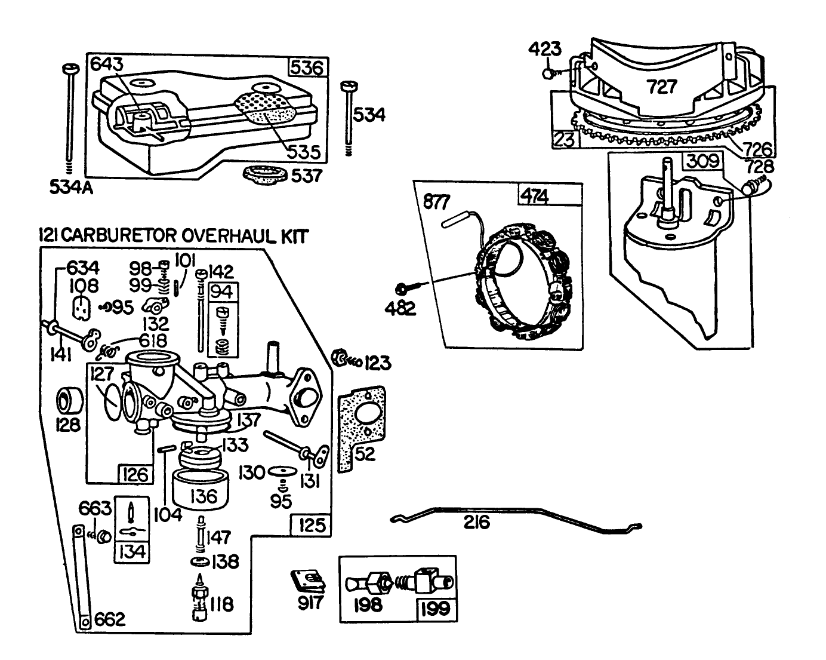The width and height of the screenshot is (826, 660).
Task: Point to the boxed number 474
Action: click(535, 196)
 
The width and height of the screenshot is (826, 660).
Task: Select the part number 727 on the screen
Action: click(662, 87)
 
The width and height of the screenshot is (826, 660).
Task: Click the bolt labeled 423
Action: click(547, 73)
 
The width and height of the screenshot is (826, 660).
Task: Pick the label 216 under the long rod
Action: click(477, 523)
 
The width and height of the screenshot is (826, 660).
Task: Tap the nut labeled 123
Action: click(338, 358)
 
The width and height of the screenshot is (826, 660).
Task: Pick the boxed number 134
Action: click(132, 550)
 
